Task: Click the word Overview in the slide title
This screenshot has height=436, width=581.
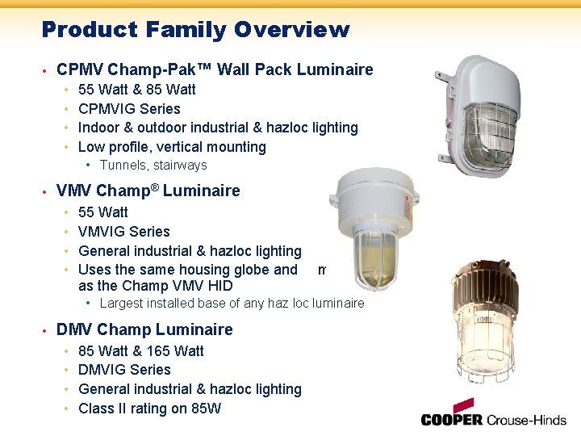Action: pos(292,30)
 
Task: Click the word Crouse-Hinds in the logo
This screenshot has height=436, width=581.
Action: pos(526,420)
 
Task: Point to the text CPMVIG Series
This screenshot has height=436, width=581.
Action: pos(129,109)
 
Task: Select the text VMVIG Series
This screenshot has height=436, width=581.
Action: pos(124,232)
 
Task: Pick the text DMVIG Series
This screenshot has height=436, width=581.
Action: pos(124,370)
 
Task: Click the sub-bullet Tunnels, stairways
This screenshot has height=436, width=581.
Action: pos(153,166)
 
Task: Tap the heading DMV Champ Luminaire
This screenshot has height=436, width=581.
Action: pos(144,329)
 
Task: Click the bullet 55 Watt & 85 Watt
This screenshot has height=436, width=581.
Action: pos(136,90)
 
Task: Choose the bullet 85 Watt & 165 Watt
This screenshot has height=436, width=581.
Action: pos(141,351)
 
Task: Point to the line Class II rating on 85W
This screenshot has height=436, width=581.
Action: pos(149,409)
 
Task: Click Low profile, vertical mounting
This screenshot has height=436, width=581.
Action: pos(172,147)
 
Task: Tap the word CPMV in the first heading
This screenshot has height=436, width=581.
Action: pos(79,69)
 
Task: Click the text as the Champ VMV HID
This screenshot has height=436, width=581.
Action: pos(156,286)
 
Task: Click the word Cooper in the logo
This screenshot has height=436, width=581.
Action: pos(452,420)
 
